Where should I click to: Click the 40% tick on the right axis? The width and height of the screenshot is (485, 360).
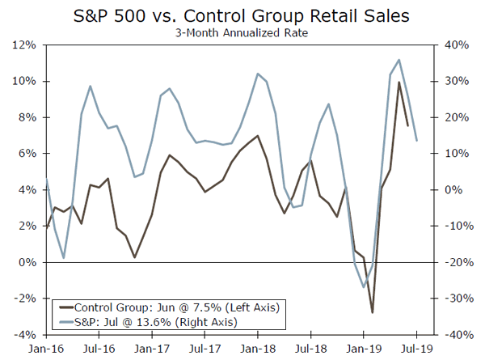tap(453, 45)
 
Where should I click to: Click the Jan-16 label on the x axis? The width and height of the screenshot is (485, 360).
tap(47, 349)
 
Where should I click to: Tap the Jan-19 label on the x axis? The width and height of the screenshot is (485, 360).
tap(363, 349)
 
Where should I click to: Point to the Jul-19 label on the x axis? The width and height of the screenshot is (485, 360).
tap(416, 349)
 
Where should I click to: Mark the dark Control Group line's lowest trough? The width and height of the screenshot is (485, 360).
tap(373, 312)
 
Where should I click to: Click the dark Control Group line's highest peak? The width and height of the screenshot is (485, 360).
tap(399, 82)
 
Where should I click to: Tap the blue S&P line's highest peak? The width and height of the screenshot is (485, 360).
tap(399, 60)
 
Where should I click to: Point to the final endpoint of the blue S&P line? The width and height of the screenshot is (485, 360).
tap(416, 141)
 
